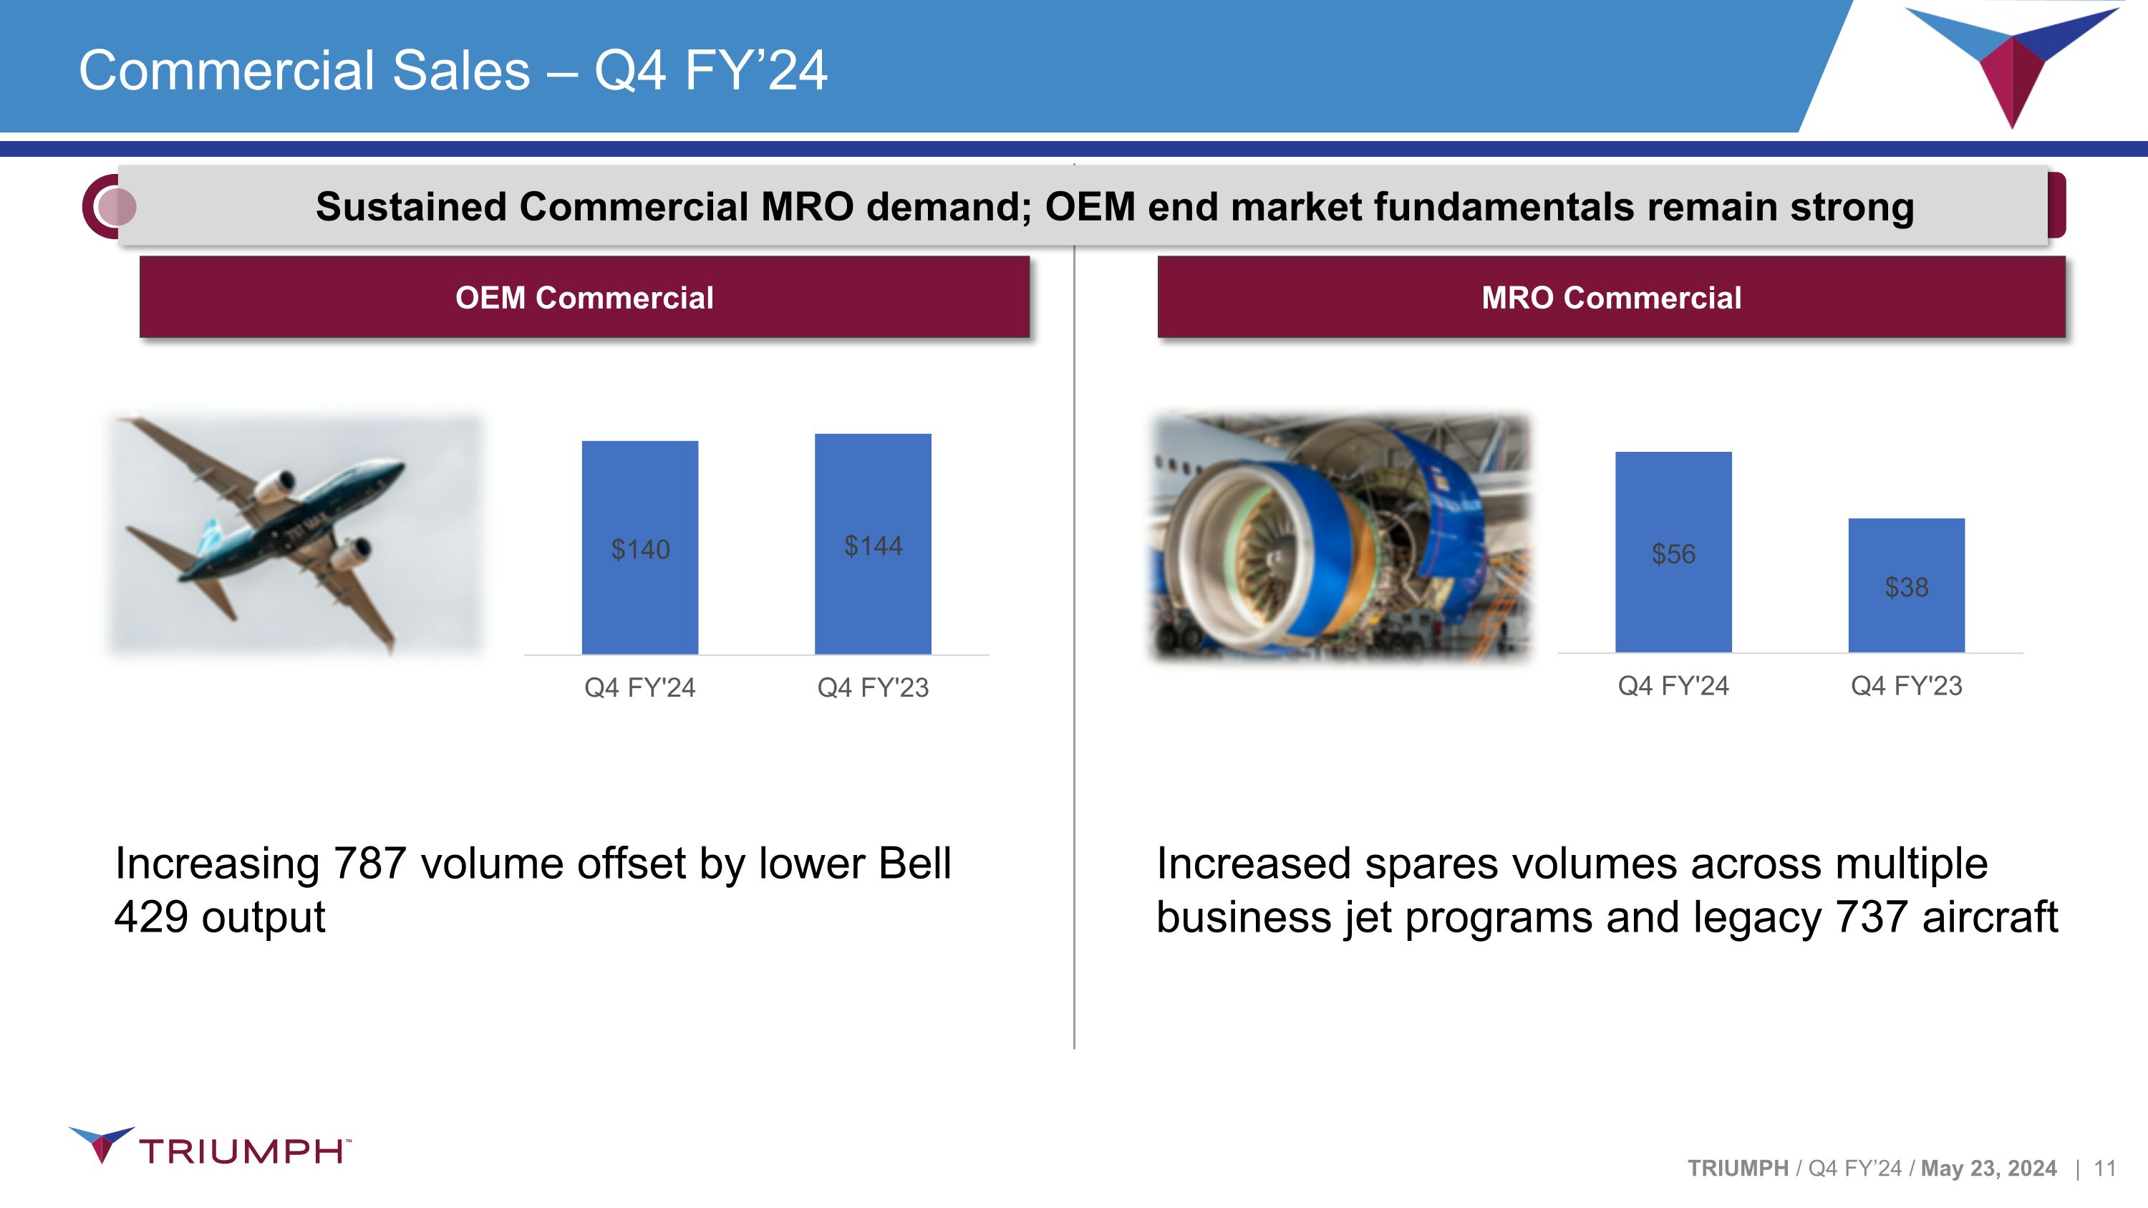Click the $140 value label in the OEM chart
pos(639,549)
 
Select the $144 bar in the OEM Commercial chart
pos(872,584)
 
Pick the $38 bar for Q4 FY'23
pos(1906,617)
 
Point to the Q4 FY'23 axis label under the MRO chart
pos(1906,685)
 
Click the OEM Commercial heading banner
pos(584,298)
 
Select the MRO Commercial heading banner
pos(1611,298)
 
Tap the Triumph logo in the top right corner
pos(2011,62)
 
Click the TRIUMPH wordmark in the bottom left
pos(242,1151)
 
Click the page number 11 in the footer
pos(2104,1168)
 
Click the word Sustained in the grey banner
pos(411,207)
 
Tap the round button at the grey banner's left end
pos(115,207)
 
